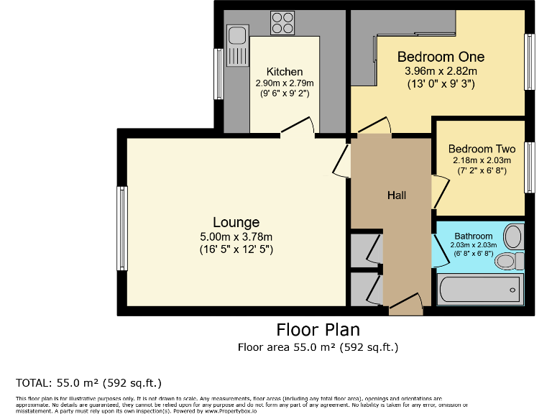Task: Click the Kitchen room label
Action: (285, 72)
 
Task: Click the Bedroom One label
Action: (441, 57)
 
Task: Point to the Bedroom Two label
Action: (482, 149)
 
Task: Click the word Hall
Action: (397, 195)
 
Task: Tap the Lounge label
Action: (236, 222)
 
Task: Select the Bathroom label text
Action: (474, 236)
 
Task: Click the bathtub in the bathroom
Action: (479, 291)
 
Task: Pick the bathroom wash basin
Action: (513, 235)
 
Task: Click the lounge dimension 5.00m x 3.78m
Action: (236, 236)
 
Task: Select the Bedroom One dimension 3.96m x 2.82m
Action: (441, 71)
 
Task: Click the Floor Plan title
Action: (318, 330)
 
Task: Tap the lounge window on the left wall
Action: (122, 228)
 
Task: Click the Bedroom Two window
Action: (530, 167)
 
